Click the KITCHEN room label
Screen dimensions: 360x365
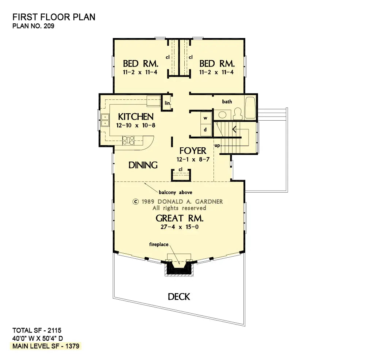(135, 117)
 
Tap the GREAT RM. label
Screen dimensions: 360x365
(179, 218)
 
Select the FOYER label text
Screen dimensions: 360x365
(192, 151)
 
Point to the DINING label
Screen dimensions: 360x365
(143, 165)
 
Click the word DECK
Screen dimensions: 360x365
(179, 296)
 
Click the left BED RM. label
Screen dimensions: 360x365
(140, 63)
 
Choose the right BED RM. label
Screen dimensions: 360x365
(217, 63)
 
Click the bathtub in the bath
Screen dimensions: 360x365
(250, 108)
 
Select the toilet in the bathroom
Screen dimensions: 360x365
(237, 114)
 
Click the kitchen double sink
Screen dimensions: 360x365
(104, 120)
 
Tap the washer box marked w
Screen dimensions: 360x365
(205, 118)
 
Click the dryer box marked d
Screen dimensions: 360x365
(205, 129)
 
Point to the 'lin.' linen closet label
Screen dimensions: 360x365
(168, 103)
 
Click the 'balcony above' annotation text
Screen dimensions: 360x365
(175, 192)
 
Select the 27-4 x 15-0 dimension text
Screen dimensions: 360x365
(179, 227)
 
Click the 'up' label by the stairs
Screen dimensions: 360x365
(217, 145)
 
